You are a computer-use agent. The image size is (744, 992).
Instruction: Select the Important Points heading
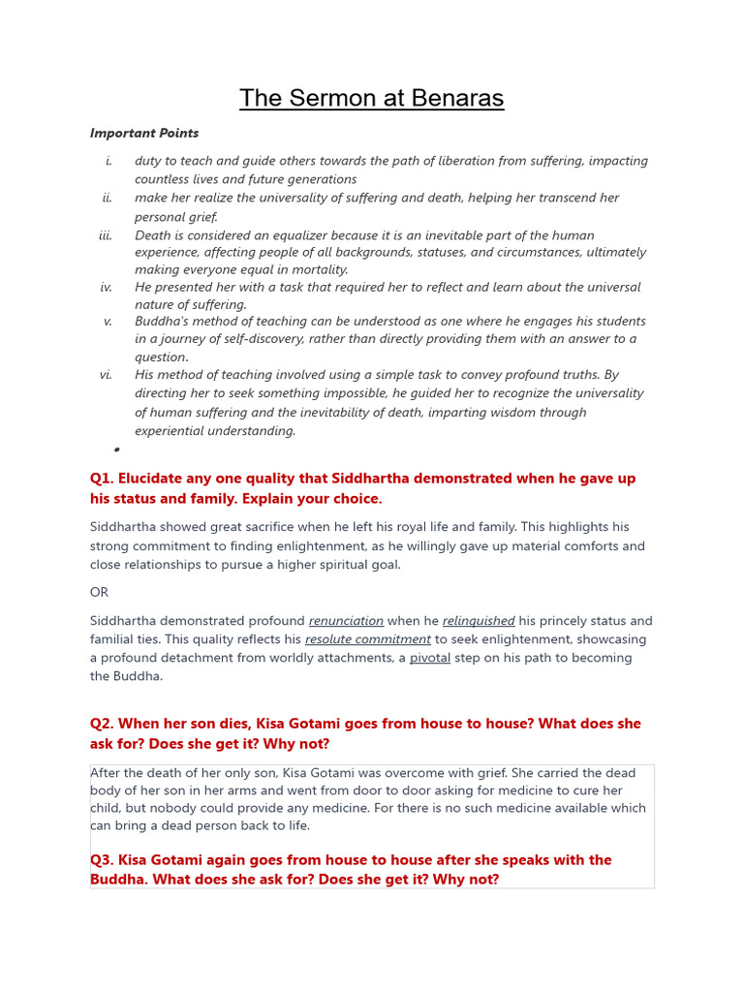click(x=144, y=133)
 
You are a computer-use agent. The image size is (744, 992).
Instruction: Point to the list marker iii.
click(x=106, y=235)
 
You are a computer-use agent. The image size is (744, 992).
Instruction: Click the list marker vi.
click(x=106, y=375)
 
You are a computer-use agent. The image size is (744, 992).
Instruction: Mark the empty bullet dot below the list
click(x=116, y=449)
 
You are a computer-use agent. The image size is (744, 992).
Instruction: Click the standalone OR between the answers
click(x=100, y=592)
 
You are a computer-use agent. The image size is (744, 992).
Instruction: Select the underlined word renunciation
click(x=346, y=621)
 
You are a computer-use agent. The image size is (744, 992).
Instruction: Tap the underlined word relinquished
click(x=479, y=621)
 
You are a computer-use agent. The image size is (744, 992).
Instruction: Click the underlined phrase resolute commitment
click(x=367, y=639)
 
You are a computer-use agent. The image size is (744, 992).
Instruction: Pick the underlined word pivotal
click(x=429, y=658)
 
